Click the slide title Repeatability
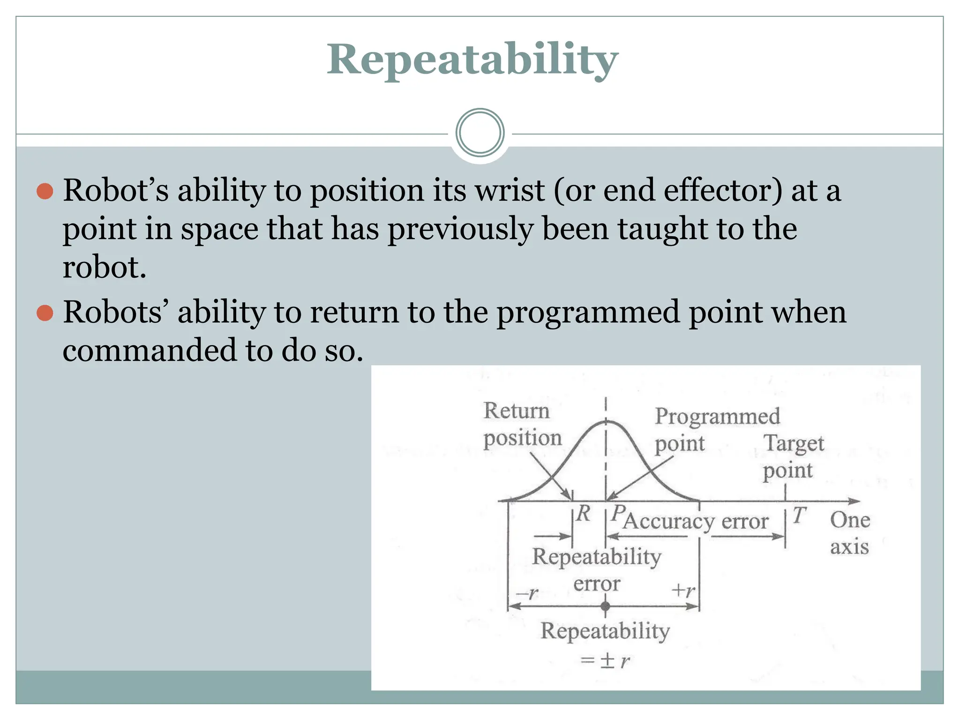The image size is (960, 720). click(472, 60)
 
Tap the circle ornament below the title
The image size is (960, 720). click(480, 133)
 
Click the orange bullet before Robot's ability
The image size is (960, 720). click(45, 191)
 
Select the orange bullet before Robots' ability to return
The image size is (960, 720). click(45, 313)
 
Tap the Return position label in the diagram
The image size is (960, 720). click(522, 424)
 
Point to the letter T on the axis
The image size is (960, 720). click(799, 515)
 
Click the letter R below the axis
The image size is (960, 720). click(583, 514)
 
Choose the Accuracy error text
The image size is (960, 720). click(696, 521)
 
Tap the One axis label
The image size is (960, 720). click(849, 533)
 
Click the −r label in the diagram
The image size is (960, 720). click(526, 593)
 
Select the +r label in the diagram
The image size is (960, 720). click(683, 590)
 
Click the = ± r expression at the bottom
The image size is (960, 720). click(605, 661)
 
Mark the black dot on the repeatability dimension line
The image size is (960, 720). click(605, 606)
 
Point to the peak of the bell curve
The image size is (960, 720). click(605, 422)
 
